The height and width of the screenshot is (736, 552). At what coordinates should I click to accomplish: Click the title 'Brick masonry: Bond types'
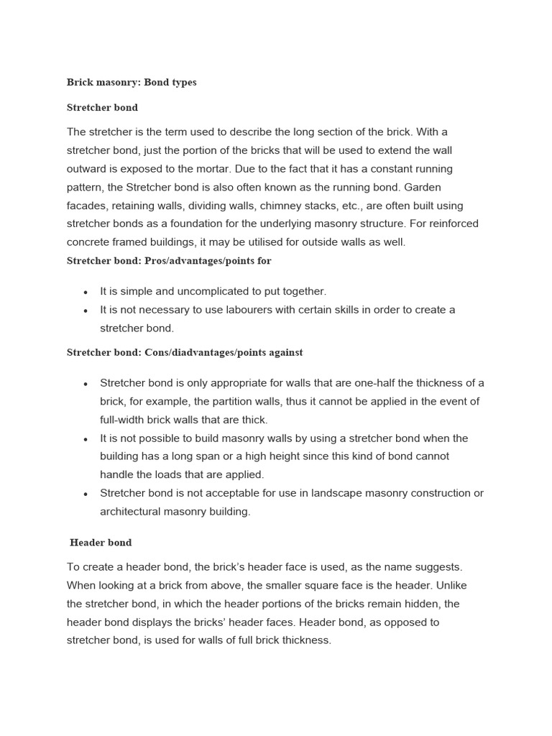coord(132,83)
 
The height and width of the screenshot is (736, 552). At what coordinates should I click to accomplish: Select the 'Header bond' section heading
coord(101,543)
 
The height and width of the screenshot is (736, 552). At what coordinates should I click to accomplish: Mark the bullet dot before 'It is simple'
coord(86,292)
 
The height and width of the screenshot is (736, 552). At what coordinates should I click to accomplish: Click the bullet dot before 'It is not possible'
coord(86,438)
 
